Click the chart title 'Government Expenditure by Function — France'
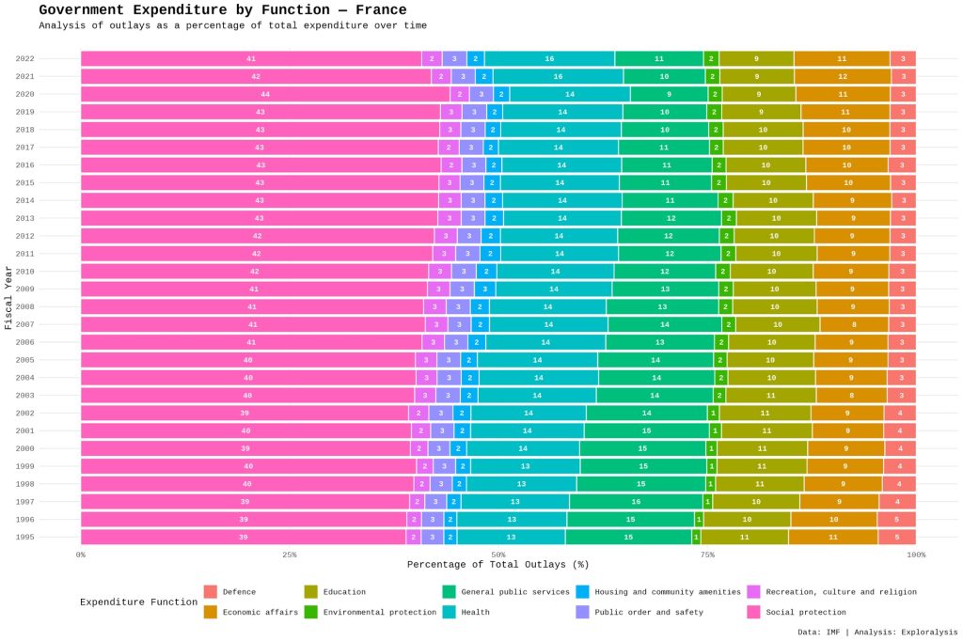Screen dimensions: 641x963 tap(223, 10)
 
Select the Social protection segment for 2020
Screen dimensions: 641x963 tap(265, 94)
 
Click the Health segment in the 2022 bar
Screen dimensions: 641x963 tap(549, 58)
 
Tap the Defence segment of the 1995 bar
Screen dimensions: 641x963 tap(897, 537)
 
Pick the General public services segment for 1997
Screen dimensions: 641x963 tap(636, 502)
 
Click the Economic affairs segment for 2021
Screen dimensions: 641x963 tap(842, 76)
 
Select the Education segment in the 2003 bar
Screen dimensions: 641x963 tap(770, 396)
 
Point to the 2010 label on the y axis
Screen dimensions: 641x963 tap(25, 272)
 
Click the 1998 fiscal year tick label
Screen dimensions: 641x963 tap(25, 484)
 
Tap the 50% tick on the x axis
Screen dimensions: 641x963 tap(498, 555)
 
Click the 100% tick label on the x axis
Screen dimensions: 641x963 tap(915, 555)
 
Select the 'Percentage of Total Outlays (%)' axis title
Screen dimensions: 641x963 tap(498, 565)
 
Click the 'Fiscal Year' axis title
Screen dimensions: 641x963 tap(8, 298)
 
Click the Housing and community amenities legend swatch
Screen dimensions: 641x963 tap(582, 592)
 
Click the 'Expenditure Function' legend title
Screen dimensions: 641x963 tap(139, 602)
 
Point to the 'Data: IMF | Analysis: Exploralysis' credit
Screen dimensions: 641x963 tap(877, 632)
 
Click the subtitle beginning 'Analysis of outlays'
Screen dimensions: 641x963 tap(232, 25)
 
